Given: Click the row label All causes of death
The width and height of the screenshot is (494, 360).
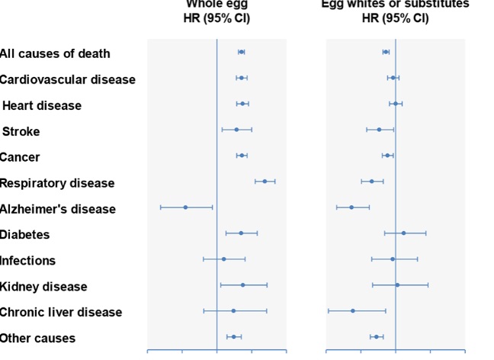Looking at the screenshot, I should pos(55,53).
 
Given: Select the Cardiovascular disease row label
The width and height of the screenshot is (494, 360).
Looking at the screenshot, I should pos(68,79).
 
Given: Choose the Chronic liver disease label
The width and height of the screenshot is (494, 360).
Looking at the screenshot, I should pos(61,312).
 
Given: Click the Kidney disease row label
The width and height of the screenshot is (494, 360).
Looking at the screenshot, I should pos(43,287).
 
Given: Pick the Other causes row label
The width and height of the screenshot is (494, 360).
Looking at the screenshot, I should pos(37,338).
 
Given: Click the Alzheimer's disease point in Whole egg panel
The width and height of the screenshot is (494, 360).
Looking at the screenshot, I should pos(185,207).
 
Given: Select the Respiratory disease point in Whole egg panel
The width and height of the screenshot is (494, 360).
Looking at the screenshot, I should pos(265,182).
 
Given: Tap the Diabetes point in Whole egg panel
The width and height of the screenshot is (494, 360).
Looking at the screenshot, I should pos(241,233).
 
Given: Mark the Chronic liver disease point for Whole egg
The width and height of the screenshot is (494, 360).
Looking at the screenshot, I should pos(233,311).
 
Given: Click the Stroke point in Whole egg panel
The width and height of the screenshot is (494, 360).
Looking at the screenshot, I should pos(236,130).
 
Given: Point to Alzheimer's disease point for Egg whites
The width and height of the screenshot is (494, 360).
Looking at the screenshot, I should pos(351,207).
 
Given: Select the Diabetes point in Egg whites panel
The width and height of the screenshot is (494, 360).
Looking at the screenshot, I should pos(403,233).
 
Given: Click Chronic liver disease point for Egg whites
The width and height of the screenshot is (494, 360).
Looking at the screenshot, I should pos(353,311).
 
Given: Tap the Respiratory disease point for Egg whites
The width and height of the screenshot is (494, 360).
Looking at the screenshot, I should pos(371,182).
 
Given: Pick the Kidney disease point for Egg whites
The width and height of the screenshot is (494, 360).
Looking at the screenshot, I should pos(397,285).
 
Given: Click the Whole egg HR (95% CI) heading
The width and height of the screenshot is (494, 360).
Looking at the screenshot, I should pos(217,11).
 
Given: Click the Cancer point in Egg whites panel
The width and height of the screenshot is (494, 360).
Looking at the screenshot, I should pos(387,156).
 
